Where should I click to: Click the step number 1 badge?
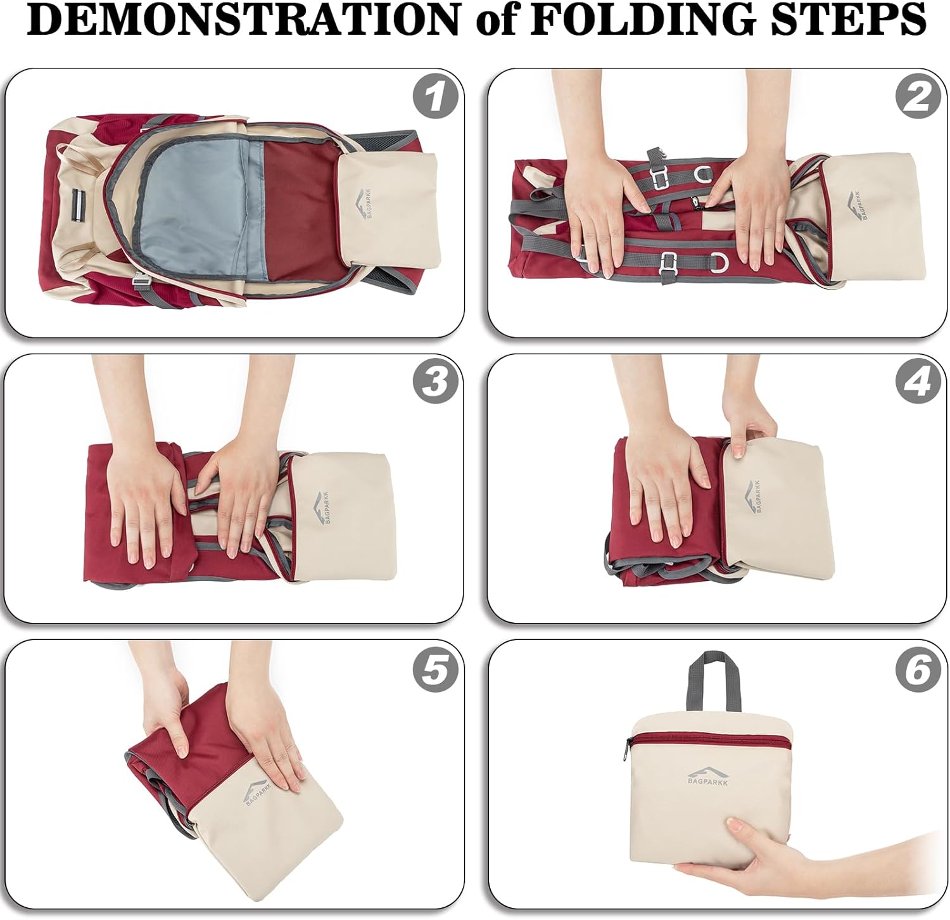point(435,98)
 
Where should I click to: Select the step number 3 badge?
point(435,381)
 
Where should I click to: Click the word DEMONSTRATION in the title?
point(243,20)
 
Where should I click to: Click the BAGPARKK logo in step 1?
point(366,201)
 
